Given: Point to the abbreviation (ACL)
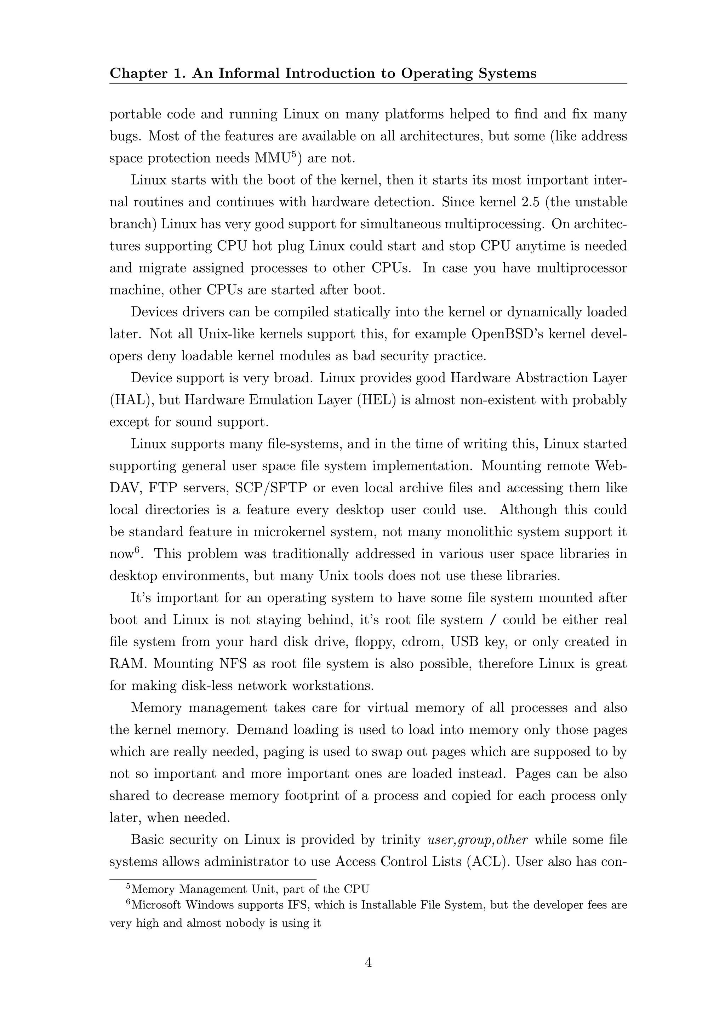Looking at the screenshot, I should coord(487,861).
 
